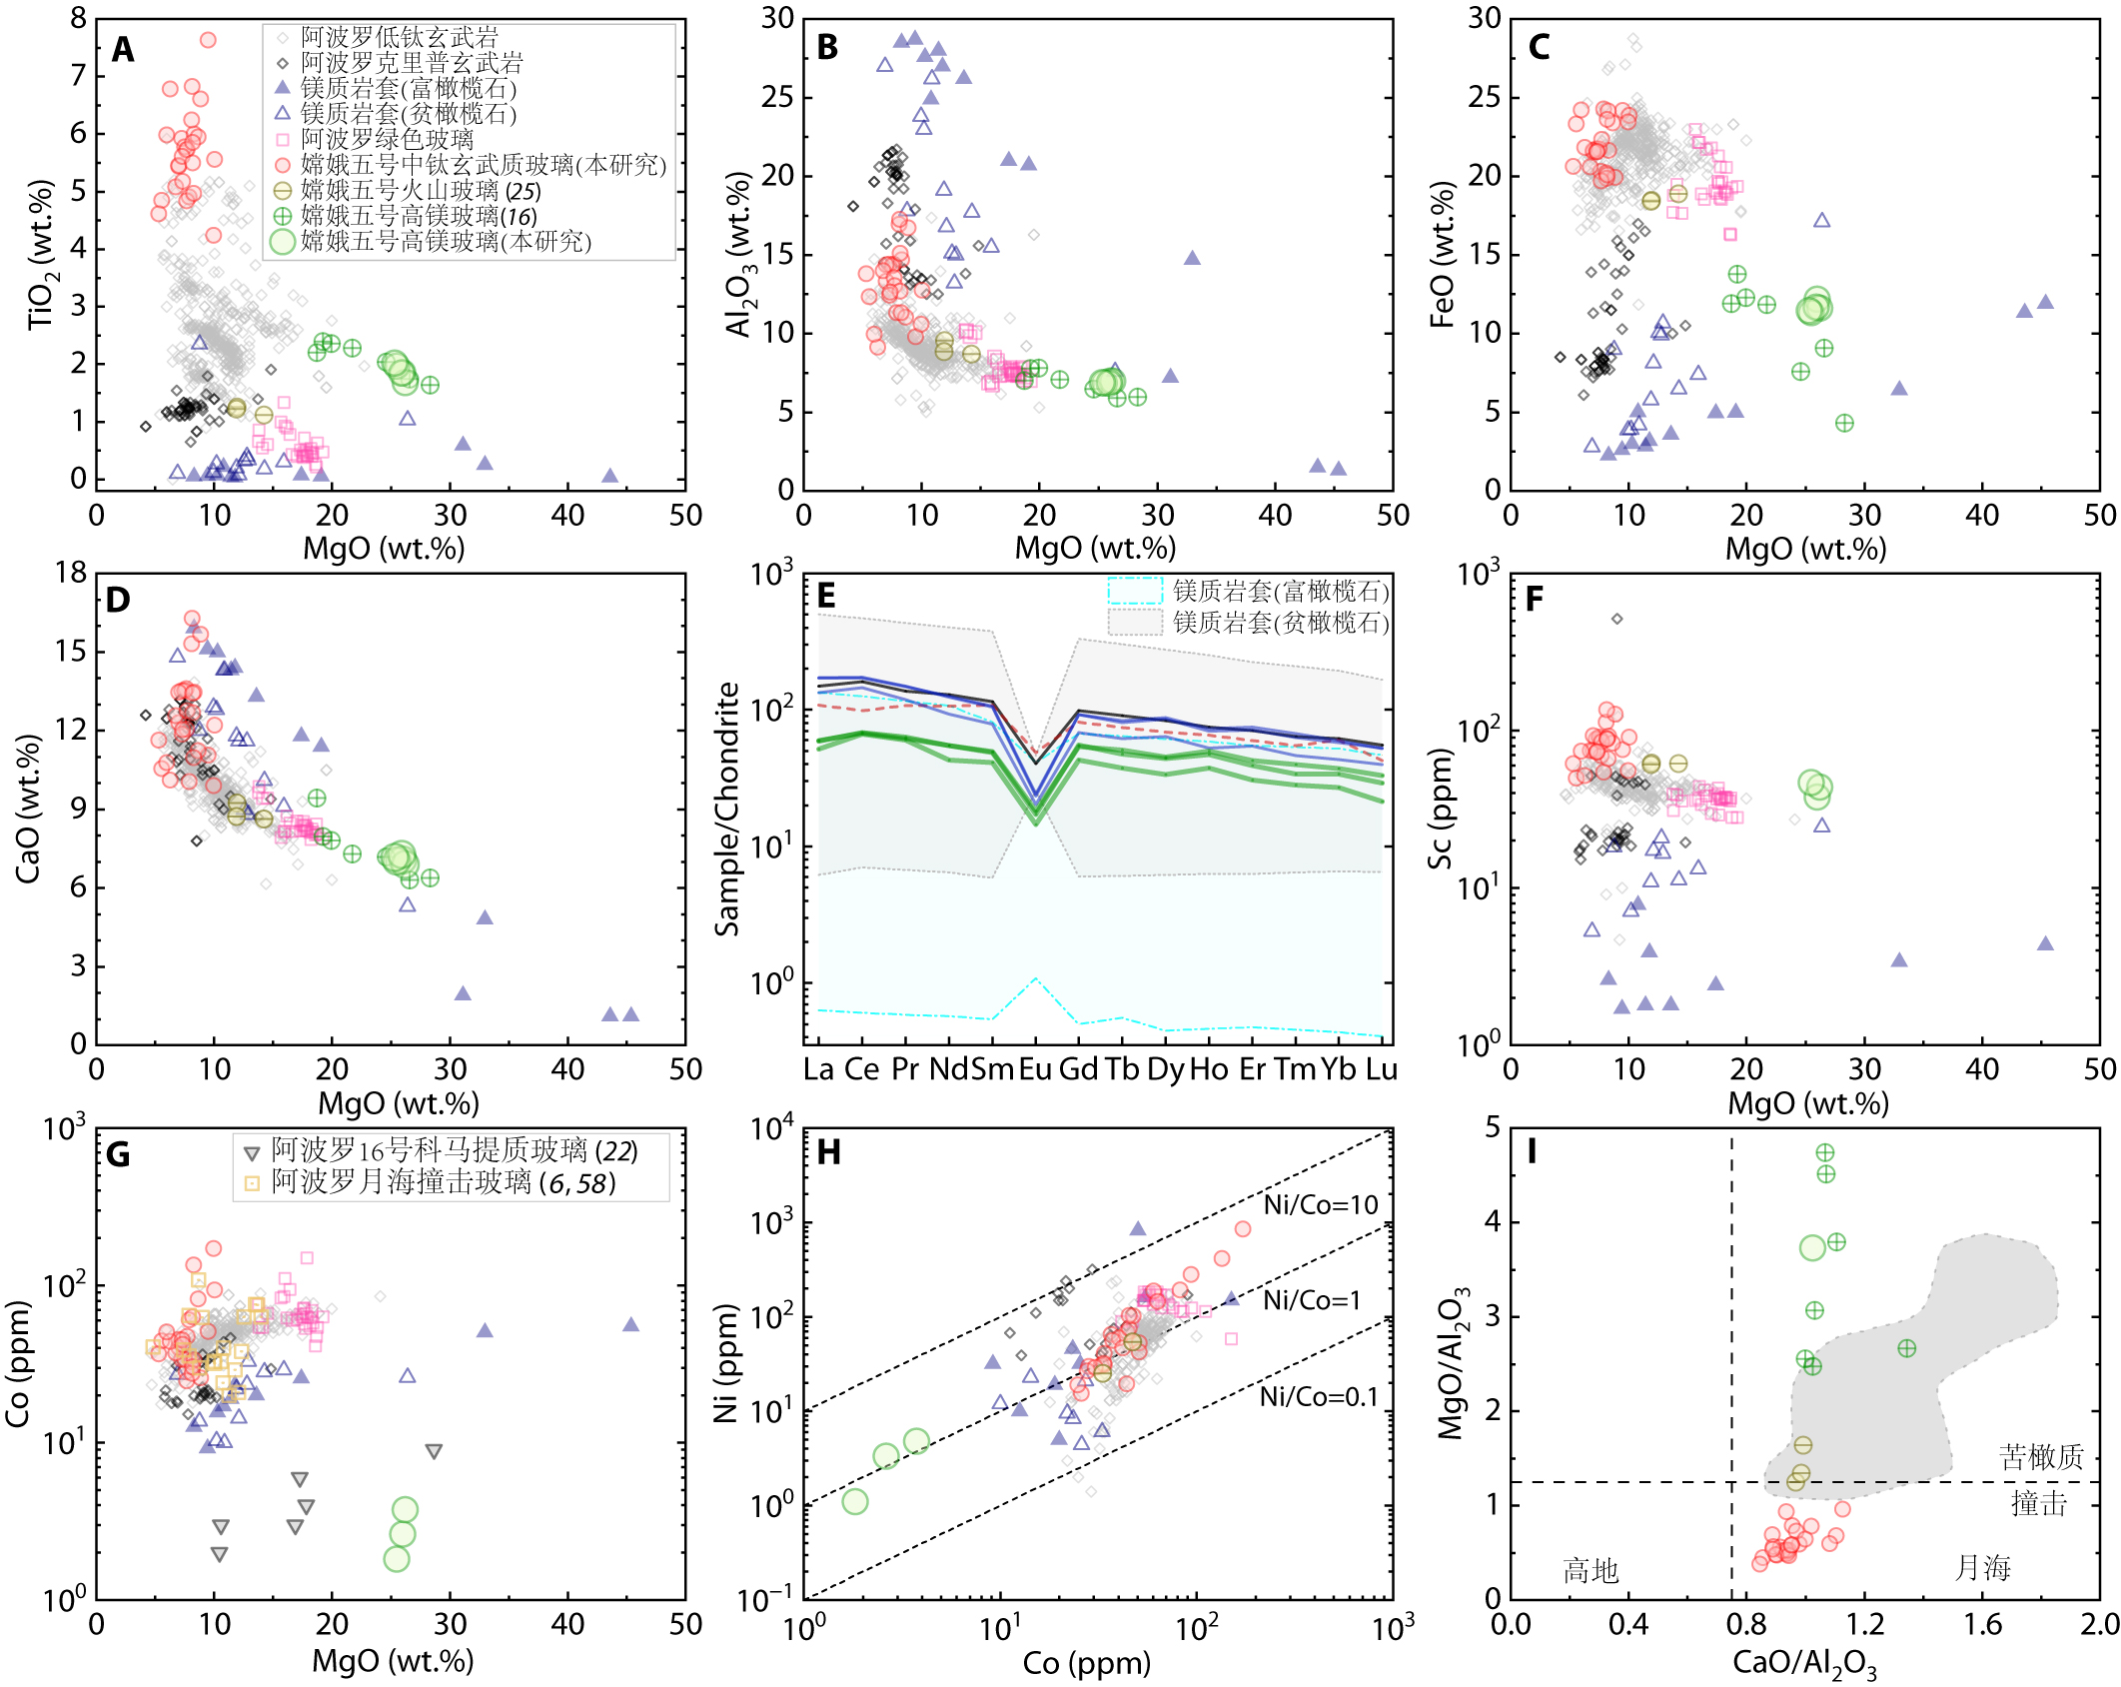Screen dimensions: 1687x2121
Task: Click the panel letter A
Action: [x=122, y=49]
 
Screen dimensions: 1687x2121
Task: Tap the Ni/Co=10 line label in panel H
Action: [x=1320, y=1204]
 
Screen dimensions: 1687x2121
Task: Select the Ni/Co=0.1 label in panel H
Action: [x=1318, y=1396]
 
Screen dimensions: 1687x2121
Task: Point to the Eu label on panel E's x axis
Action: [x=1035, y=1069]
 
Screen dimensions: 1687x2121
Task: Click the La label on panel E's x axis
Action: [x=818, y=1069]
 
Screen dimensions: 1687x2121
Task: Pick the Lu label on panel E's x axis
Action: [x=1381, y=1069]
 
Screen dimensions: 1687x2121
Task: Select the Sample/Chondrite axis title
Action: [x=727, y=809]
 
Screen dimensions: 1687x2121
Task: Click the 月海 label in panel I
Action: [x=1982, y=1567]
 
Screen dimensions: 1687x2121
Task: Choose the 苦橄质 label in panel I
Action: [x=2041, y=1457]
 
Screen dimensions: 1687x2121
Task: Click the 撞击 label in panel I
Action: [x=2039, y=1503]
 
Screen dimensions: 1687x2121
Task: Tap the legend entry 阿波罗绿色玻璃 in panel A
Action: [x=387, y=139]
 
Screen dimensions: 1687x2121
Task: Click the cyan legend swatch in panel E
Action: [x=1135, y=591]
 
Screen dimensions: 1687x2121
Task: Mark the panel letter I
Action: [x=1532, y=1152]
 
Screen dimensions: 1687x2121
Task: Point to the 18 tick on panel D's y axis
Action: [x=71, y=573]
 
